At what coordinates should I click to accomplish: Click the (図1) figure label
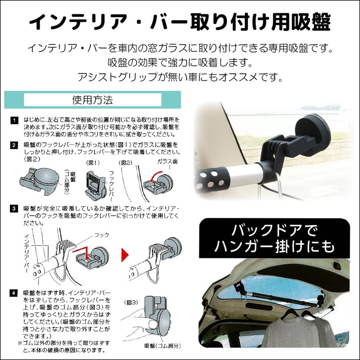pos(94,162)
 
